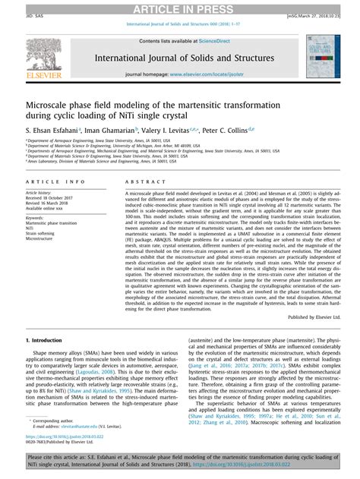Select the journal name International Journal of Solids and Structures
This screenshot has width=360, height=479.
179,58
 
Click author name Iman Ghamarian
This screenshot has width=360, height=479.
112,131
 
